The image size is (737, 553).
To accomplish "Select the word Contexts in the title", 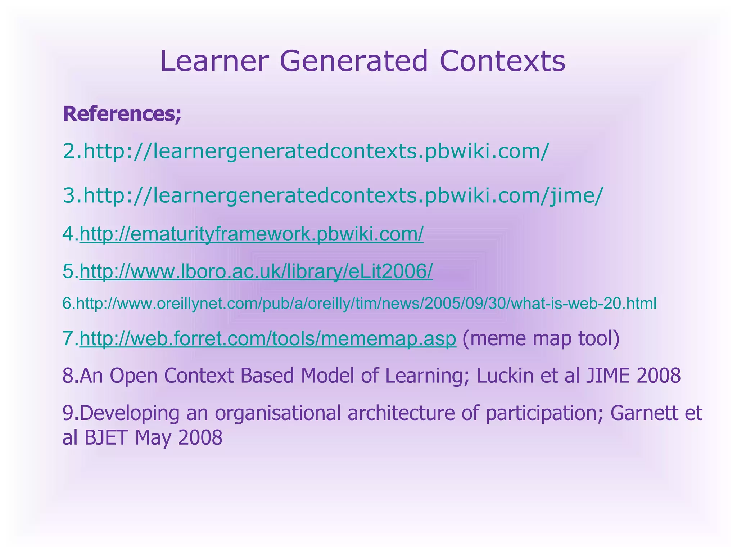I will click(x=502, y=61).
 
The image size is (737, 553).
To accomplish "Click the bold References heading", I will click(x=122, y=114).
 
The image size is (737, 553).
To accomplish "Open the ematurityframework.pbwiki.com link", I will click(x=251, y=234).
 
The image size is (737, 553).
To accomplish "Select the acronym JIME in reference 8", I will click(x=608, y=376).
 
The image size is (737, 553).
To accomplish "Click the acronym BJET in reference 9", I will click(x=106, y=438).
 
